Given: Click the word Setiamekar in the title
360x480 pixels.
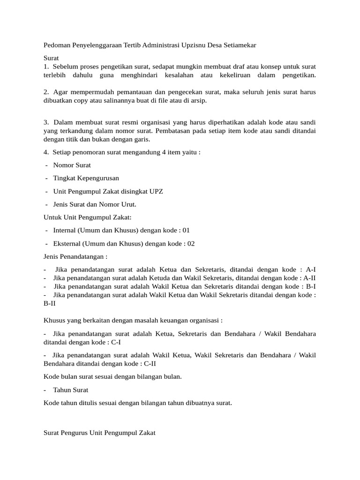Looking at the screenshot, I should click(x=239, y=45).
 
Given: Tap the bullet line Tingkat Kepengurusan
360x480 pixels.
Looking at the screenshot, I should click(x=86, y=178).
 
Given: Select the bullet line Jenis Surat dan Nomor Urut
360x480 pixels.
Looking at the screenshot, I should click(x=94, y=204).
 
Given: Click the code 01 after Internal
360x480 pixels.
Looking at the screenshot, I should click(x=186, y=231).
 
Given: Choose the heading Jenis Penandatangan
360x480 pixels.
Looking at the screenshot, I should click(x=75, y=257).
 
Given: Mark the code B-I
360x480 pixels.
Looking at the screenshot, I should click(x=310, y=286).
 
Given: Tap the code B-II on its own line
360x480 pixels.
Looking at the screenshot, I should click(x=50, y=303).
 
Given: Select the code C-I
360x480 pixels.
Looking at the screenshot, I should click(x=114, y=342).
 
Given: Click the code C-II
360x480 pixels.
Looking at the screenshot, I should click(x=149, y=363).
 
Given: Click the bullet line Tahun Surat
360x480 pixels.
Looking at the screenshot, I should click(x=70, y=390).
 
